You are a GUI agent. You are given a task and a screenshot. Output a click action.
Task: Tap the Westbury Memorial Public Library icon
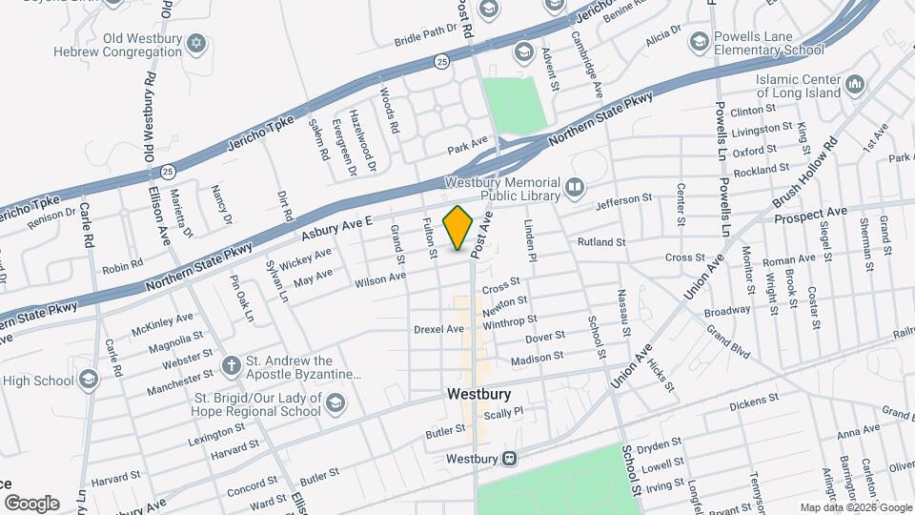(x=574, y=187)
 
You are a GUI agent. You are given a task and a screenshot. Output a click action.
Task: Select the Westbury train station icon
(x=510, y=459)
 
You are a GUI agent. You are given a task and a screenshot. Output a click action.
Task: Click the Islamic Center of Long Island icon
(x=854, y=87)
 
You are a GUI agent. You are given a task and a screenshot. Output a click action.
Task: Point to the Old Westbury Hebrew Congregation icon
(x=197, y=45)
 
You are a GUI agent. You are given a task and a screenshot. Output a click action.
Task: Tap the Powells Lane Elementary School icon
(x=699, y=42)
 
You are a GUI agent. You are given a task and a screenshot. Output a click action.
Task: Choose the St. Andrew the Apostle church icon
(x=231, y=365)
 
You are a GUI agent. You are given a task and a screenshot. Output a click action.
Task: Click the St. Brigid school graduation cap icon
(x=334, y=404)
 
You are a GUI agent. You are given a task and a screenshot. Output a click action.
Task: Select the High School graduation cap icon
(x=89, y=381)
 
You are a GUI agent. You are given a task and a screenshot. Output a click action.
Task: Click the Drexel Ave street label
(x=438, y=329)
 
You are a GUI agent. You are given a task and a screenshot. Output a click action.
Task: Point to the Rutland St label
(x=600, y=242)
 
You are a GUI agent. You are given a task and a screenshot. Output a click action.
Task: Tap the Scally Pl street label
(x=504, y=413)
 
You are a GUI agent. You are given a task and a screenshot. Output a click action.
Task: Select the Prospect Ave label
(x=810, y=212)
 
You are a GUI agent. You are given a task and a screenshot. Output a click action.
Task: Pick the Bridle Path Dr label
(x=426, y=37)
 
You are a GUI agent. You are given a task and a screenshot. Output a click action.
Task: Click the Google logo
(x=31, y=503)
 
